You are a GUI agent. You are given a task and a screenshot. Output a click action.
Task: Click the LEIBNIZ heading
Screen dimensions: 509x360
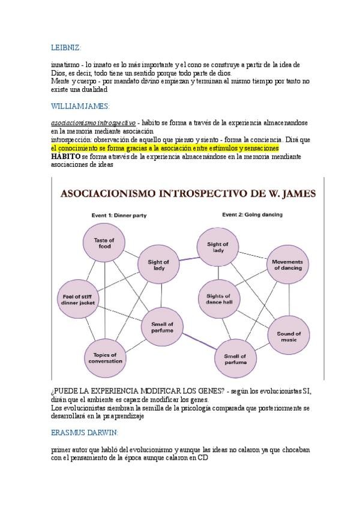tap(65, 47)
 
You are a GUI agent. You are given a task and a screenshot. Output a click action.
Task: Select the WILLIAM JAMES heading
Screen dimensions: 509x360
tap(80, 106)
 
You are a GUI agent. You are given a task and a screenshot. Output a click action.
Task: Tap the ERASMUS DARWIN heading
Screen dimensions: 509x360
tap(84, 432)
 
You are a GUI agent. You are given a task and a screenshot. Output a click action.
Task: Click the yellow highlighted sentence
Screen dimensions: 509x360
tap(165, 148)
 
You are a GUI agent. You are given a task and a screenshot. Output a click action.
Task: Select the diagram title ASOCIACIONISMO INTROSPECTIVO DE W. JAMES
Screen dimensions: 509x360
tap(189, 194)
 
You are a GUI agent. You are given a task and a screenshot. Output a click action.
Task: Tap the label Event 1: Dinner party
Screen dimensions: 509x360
tap(121, 214)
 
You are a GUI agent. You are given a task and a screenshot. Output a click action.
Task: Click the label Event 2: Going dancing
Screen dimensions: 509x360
tap(252, 214)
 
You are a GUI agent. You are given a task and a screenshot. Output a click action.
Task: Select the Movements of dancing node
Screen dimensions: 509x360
tap(287, 265)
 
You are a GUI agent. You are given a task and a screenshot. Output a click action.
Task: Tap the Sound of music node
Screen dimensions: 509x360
tap(289, 336)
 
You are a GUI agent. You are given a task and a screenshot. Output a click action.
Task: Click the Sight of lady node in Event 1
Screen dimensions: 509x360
tap(158, 265)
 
